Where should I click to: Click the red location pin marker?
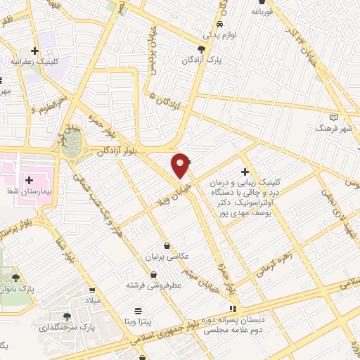click(181, 165)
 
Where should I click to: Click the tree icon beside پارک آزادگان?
click(202, 49)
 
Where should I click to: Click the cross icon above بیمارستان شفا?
click(30, 161)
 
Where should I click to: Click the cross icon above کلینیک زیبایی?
click(245, 172)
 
